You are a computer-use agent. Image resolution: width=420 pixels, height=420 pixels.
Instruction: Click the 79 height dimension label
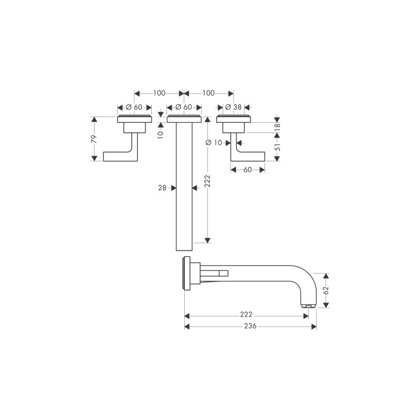(94, 139)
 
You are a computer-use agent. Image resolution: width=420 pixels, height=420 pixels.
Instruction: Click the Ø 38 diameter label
(234, 107)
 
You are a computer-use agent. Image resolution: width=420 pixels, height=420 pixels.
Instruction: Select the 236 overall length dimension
(250, 326)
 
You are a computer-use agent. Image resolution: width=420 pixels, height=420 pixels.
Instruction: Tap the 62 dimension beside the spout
(326, 290)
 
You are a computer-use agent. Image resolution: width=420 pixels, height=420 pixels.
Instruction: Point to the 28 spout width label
(162, 188)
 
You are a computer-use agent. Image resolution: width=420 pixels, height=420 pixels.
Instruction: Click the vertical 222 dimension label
(207, 181)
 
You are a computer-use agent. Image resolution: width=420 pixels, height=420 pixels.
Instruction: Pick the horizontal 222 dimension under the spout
(246, 314)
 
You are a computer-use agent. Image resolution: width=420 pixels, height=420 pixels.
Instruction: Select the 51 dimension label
(277, 146)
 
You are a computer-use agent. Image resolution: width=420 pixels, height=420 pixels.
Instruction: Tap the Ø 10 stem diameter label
(214, 142)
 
